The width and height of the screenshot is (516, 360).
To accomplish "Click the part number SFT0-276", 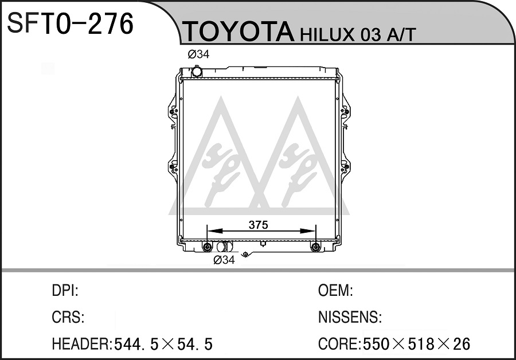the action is click(70, 24).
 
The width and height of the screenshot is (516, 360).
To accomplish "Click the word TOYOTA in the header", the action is click(239, 32).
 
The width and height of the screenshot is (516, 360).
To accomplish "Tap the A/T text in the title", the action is click(401, 34).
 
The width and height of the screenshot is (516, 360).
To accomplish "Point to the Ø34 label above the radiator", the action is click(198, 54).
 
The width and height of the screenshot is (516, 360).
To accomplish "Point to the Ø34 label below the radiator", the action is click(224, 260).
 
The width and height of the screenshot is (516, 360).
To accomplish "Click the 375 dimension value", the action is click(259, 225).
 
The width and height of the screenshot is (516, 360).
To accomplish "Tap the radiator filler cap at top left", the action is click(197, 72).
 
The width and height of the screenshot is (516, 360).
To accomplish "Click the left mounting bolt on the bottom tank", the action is click(207, 247).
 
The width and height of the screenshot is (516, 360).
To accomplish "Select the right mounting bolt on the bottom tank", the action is click(315, 247).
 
